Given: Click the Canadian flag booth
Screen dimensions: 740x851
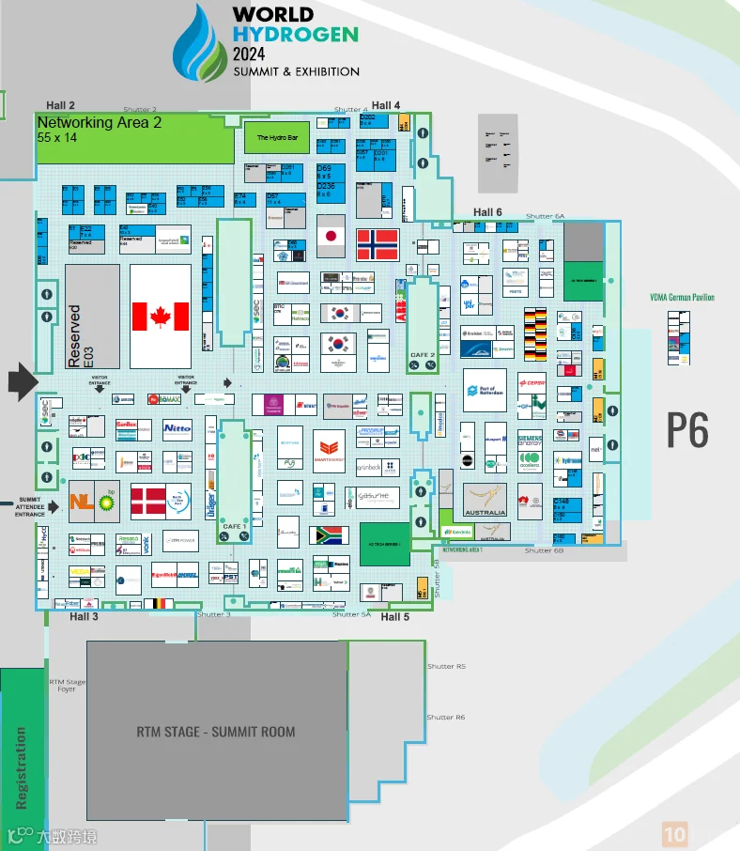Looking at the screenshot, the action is [x=161, y=317].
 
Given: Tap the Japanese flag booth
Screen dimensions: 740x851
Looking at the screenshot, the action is [x=330, y=237].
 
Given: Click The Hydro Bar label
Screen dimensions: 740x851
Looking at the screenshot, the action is [x=277, y=138].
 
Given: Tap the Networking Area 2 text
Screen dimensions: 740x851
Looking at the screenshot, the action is [x=100, y=122].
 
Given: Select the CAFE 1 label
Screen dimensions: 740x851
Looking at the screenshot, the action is [x=234, y=526].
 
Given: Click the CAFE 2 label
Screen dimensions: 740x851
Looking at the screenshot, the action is [x=423, y=355].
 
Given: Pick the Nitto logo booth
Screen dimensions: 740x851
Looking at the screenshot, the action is [x=177, y=428].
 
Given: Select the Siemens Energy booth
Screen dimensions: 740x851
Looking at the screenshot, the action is [x=530, y=442].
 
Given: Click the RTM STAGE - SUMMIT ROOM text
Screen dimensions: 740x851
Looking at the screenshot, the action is [x=216, y=732].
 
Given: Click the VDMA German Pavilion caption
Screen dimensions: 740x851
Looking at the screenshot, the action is [x=682, y=298].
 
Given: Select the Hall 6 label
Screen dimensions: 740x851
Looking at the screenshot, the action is [x=487, y=212].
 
